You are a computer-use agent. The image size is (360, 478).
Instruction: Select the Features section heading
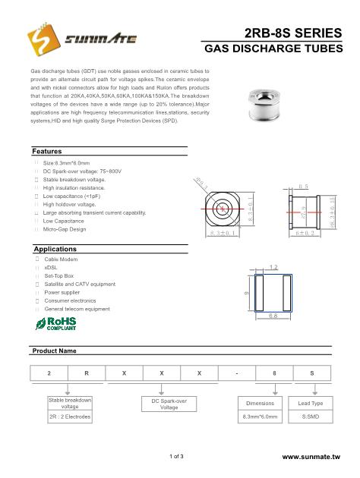tap(49, 152)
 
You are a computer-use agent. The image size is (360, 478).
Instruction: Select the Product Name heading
tap(54, 351)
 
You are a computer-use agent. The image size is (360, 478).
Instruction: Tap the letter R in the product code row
tap(87, 375)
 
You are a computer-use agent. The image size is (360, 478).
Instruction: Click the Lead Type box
tap(314, 404)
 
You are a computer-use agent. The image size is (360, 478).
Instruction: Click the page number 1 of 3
tap(180, 457)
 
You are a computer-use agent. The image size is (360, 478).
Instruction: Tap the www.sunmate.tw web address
tap(317, 458)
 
